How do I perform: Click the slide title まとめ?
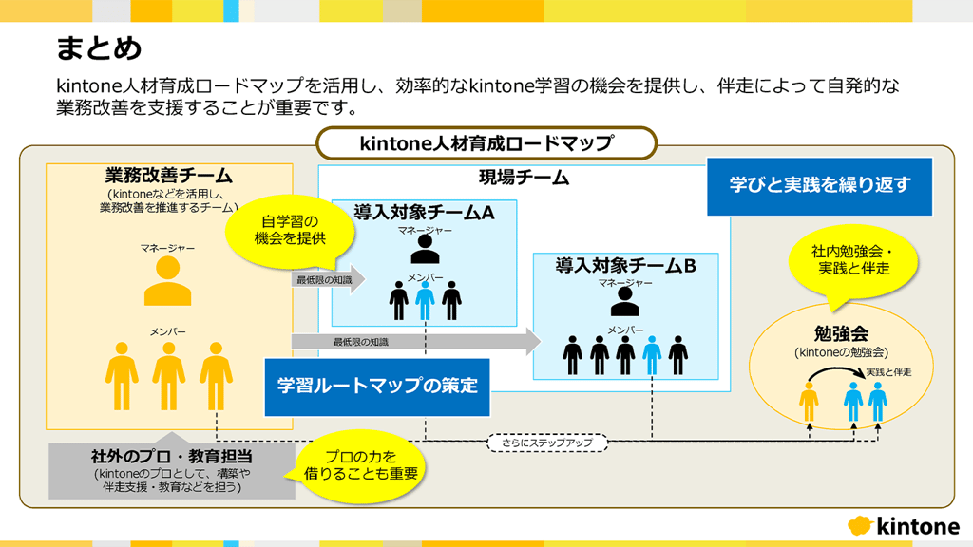99,47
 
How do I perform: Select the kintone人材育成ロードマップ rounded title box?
486,143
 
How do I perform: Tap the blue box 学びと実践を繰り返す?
819,185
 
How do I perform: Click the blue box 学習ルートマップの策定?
377,387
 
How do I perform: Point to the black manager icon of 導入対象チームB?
624,302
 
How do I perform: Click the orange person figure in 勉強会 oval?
809,402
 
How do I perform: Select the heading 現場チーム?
524,178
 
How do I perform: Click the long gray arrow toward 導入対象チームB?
415,341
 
